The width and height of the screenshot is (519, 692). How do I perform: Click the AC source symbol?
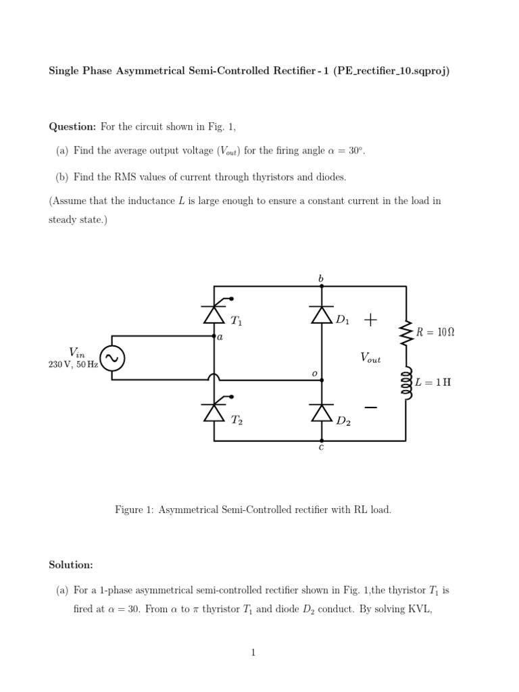tap(112, 357)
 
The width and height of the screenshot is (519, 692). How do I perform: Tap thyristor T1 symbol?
tap(214, 314)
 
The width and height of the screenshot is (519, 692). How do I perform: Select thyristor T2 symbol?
tap(214, 412)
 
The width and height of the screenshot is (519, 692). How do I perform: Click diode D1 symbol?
tap(322, 315)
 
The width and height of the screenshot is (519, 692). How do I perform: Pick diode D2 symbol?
tap(322, 412)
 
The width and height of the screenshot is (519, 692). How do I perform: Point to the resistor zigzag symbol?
tap(406, 332)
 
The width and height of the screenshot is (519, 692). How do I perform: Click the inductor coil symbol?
tap(406, 383)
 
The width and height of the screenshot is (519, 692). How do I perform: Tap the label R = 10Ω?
tap(435, 332)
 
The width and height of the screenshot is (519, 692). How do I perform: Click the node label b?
tap(321, 278)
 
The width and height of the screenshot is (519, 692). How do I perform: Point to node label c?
tap(321, 448)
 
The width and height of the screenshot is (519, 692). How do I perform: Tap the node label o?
tap(314, 373)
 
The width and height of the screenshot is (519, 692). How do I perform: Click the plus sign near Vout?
tap(370, 320)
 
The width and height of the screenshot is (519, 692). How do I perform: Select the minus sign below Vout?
tap(370, 407)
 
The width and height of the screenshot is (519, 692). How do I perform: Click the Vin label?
tap(76, 351)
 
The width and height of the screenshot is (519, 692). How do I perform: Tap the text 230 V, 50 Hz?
tap(73, 364)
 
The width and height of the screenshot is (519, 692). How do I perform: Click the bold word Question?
tap(73, 126)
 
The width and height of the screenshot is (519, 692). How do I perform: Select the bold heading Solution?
tap(71, 564)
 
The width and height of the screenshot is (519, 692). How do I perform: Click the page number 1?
tap(253, 652)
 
